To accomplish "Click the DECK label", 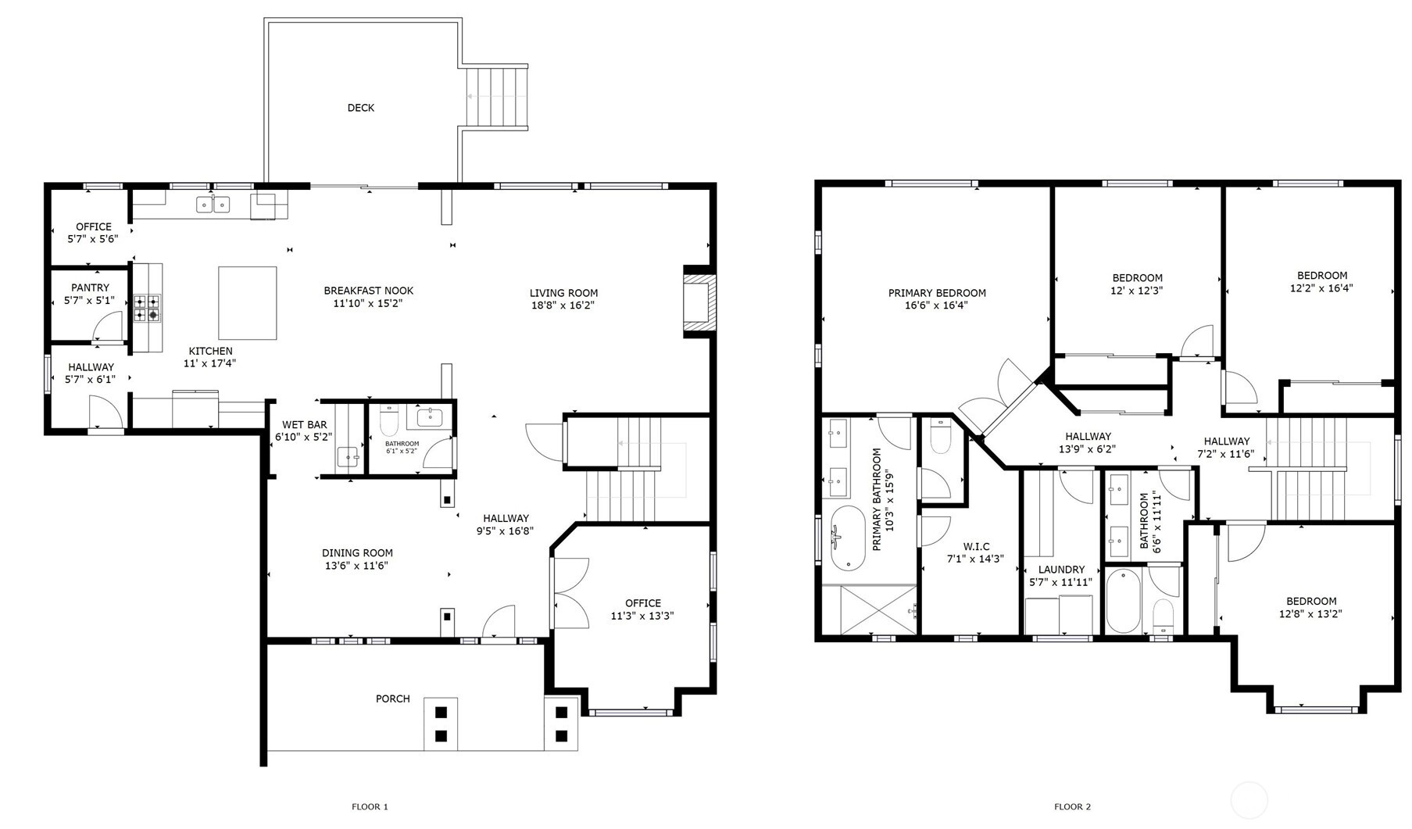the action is pyautogui.click(x=360, y=108).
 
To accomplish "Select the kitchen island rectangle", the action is pyautogui.click(x=248, y=303).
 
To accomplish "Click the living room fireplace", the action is pyautogui.click(x=698, y=302).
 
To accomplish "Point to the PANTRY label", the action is pyautogui.click(x=90, y=288).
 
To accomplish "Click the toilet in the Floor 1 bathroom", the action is pyautogui.click(x=389, y=420).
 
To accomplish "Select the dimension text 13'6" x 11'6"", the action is pyautogui.click(x=356, y=566).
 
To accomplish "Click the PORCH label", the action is pyautogui.click(x=392, y=699).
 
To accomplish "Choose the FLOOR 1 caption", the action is pyautogui.click(x=370, y=807).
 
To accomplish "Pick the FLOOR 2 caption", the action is pyautogui.click(x=1072, y=807).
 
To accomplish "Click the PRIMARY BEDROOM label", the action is pyautogui.click(x=937, y=293).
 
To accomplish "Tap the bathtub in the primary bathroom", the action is pyautogui.click(x=848, y=540).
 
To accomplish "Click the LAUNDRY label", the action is pyautogui.click(x=1061, y=570).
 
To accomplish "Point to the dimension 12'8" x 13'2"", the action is pyautogui.click(x=1311, y=613).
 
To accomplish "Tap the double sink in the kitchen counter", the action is pyautogui.click(x=213, y=204).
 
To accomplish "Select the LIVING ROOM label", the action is pyautogui.click(x=563, y=293).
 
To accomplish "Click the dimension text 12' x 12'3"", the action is pyautogui.click(x=1137, y=290).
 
